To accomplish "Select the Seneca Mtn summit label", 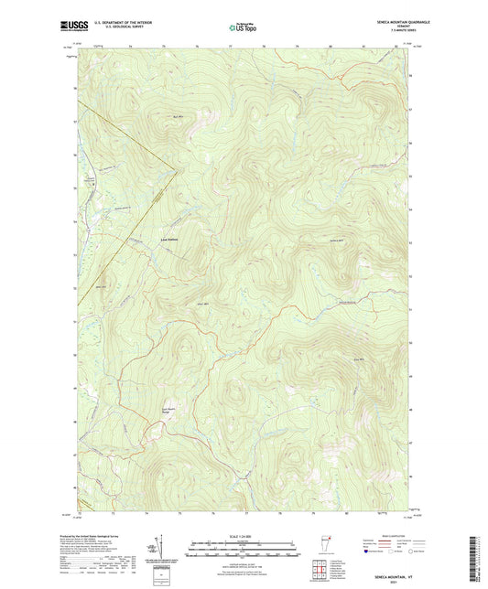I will pos(335,239).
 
